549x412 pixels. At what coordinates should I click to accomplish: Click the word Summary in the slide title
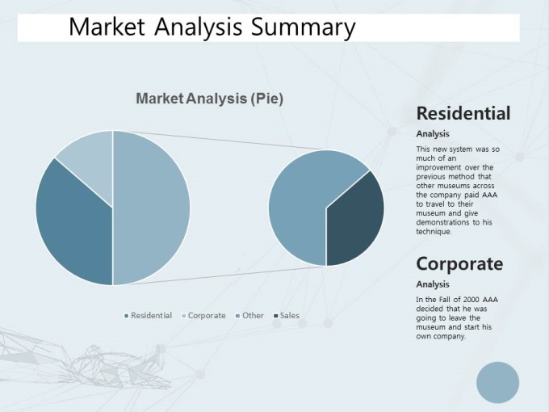click(x=303, y=27)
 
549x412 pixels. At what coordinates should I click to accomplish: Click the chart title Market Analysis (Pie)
click(x=209, y=99)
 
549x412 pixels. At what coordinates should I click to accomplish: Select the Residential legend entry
click(x=148, y=315)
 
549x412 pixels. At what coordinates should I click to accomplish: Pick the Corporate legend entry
click(x=203, y=315)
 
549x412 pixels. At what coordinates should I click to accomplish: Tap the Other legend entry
click(x=249, y=315)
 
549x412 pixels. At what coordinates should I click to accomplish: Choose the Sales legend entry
click(x=287, y=315)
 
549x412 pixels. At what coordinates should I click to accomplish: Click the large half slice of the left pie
click(x=150, y=208)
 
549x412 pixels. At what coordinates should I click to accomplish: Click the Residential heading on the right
click(x=463, y=114)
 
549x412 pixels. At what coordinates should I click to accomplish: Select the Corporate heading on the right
click(x=459, y=264)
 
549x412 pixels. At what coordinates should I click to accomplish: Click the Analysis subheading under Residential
click(x=433, y=134)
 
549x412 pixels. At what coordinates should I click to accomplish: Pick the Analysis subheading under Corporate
click(x=433, y=284)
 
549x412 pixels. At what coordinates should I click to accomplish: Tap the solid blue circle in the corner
click(x=497, y=383)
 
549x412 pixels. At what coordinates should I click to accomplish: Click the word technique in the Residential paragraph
click(x=434, y=232)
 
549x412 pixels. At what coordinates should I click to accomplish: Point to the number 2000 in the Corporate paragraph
click(x=471, y=300)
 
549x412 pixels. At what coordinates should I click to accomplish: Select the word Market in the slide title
click(x=107, y=27)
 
